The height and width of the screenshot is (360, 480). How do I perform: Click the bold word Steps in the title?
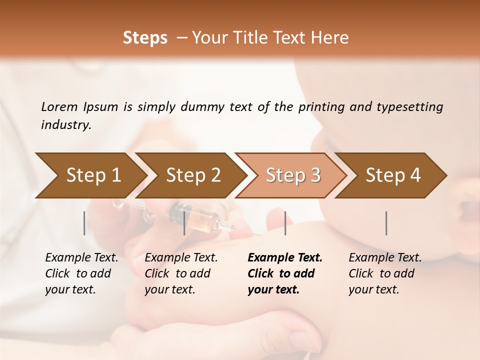[x=145, y=38]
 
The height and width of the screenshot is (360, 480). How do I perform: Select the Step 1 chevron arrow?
[x=90, y=175]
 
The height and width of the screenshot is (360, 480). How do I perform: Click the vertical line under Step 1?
[x=84, y=223]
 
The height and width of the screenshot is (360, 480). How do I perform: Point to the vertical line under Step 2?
[x=184, y=223]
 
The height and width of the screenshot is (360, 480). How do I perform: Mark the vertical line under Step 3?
[x=285, y=223]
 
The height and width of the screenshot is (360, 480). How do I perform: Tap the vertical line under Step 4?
[x=386, y=223]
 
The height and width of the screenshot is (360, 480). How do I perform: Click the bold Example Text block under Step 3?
[x=284, y=273]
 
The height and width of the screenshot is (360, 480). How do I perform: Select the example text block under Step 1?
[x=81, y=273]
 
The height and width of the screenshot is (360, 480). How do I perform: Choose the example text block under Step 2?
[x=181, y=273]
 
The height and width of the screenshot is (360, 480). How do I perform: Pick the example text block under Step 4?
[x=385, y=273]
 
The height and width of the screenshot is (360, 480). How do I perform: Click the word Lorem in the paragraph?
[x=59, y=107]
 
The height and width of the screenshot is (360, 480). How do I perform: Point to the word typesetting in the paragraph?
[x=409, y=107]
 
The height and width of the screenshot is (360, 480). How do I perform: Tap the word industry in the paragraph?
[x=65, y=125]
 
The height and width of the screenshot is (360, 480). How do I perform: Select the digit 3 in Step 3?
[x=314, y=175]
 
